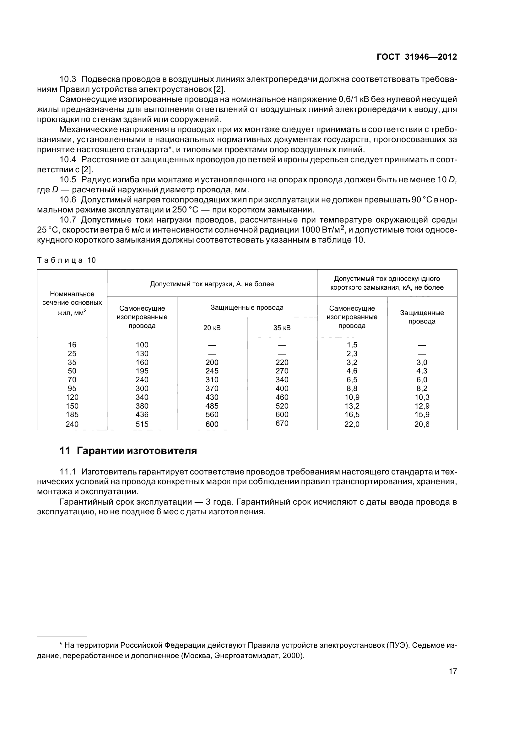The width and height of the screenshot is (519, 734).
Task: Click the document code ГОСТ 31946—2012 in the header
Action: pyautogui.click(x=417, y=57)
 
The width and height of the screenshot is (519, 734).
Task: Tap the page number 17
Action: pyautogui.click(x=453, y=680)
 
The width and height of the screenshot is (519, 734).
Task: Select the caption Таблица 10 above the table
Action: pyautogui.click(x=67, y=260)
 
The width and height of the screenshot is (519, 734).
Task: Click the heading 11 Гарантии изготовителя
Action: pyautogui.click(x=128, y=451)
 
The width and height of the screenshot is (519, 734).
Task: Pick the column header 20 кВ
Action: pyautogui.click(x=212, y=328)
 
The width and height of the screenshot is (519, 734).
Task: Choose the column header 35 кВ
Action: pyautogui.click(x=282, y=328)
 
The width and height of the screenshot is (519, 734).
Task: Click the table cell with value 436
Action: pyautogui.click(x=142, y=415)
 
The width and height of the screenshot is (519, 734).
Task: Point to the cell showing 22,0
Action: pyautogui.click(x=352, y=424)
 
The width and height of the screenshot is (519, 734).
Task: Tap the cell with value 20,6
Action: pyautogui.click(x=422, y=424)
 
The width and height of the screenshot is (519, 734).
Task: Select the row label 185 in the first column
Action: pyautogui.click(x=72, y=415)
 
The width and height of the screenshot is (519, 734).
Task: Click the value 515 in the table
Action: pyautogui.click(x=142, y=424)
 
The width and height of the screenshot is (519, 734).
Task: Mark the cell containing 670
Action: pyautogui.click(x=282, y=423)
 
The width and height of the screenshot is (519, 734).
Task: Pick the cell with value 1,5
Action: pyautogui.click(x=352, y=345)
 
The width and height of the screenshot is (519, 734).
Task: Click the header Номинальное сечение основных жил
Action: pyautogui.click(x=72, y=303)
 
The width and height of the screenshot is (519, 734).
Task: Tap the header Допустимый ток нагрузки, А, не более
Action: pyautogui.click(x=212, y=284)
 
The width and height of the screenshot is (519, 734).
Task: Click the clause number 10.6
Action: pyautogui.click(x=68, y=200)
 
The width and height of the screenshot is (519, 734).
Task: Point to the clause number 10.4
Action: pyautogui.click(x=68, y=159)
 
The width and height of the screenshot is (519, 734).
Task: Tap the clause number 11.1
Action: pyautogui.click(x=68, y=472)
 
